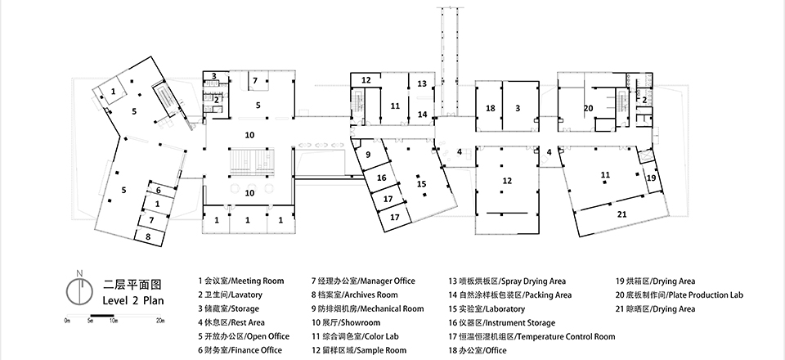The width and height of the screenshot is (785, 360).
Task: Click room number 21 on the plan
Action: [x=621, y=214]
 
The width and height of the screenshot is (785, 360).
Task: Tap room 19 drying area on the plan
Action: [x=652, y=178]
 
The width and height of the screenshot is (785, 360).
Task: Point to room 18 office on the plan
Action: [x=490, y=109]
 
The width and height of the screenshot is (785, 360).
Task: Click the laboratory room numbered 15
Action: [x=422, y=184]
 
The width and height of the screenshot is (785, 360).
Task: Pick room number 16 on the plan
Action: [x=382, y=178]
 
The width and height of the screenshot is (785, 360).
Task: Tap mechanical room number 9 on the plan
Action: [x=368, y=155]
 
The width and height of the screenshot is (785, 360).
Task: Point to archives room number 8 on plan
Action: [x=149, y=236]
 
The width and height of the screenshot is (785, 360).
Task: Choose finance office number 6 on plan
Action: [x=159, y=190]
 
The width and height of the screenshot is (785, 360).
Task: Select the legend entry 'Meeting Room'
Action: [x=241, y=281]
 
